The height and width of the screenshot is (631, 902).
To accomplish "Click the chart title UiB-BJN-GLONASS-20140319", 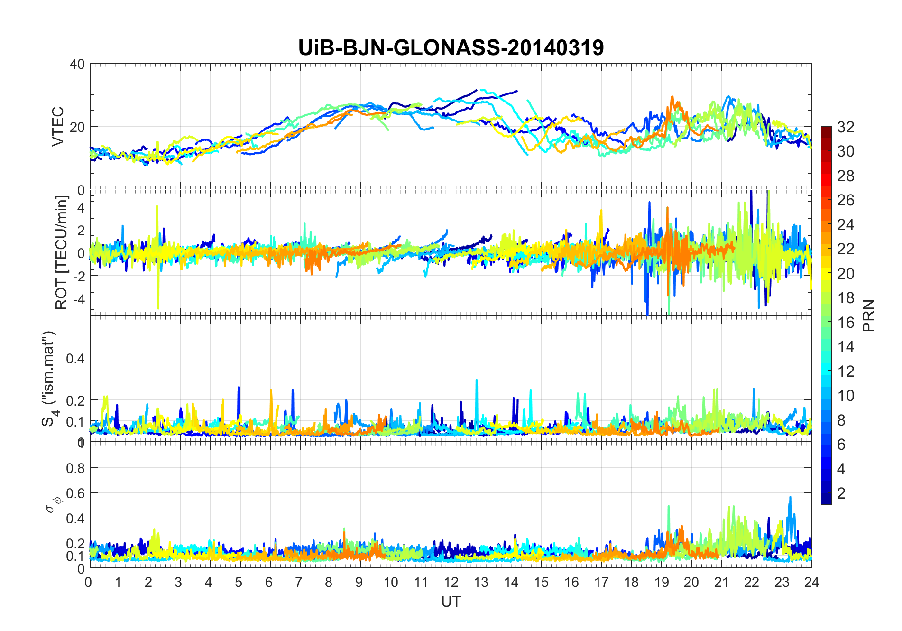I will click(451, 48).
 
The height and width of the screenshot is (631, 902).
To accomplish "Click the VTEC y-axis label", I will click(58, 126).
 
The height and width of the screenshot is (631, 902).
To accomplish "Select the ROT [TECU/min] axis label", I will click(62, 252).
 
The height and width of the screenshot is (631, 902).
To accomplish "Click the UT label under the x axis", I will click(451, 602).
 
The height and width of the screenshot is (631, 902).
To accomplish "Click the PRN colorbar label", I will click(869, 315).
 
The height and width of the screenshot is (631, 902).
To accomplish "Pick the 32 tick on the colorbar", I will click(846, 127).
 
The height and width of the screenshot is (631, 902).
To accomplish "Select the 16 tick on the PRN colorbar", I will click(846, 323).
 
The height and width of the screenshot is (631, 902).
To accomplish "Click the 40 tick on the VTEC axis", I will click(77, 64).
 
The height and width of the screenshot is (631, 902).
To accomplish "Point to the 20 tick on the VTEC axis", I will click(77, 127).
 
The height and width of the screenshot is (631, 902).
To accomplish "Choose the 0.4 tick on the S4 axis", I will click(75, 358).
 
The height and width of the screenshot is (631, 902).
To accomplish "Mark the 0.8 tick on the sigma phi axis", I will click(75, 468).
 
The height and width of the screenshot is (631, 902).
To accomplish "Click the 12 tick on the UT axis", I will click(451, 582).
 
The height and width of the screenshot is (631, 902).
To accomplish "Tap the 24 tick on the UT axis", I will click(811, 582).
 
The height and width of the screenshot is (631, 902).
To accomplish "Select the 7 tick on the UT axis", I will click(299, 582).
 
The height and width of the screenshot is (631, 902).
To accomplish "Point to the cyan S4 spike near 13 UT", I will click(477, 380).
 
